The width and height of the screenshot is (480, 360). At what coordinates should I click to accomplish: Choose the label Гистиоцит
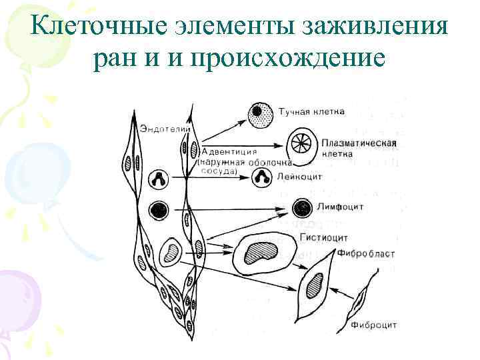click(324, 237)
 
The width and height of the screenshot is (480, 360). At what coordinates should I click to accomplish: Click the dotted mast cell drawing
click(260, 115)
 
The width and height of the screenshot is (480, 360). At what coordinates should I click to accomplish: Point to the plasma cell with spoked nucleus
click(302, 146)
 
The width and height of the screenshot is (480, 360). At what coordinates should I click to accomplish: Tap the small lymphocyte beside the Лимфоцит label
click(304, 207)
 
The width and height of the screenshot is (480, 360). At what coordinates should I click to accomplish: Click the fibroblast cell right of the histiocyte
click(314, 283)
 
